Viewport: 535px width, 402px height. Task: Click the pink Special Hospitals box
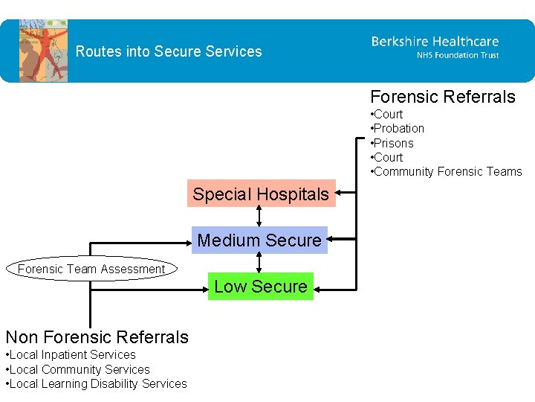[x=261, y=194]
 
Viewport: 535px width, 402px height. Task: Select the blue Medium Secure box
[x=259, y=240]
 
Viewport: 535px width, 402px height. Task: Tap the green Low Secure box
[x=261, y=286]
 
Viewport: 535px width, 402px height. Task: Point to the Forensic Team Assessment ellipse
[x=91, y=269]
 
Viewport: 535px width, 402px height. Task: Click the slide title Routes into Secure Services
[x=169, y=51]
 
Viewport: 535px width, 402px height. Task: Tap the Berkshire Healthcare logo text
[x=435, y=42]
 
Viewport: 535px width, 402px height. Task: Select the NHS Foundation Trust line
[x=457, y=56]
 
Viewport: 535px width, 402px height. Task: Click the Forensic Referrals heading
[x=442, y=97]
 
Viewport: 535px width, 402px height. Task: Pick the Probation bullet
[x=398, y=128]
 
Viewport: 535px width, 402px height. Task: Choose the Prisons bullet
[x=393, y=143]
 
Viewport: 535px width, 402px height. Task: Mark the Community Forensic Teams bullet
[x=447, y=171]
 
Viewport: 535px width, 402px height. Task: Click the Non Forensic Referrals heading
[x=97, y=337]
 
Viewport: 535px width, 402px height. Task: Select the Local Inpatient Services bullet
[x=71, y=355]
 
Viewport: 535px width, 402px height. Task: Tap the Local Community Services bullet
[x=78, y=369]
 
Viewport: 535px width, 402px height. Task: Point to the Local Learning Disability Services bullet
[x=97, y=383]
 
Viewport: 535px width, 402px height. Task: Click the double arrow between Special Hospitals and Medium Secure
[x=259, y=216]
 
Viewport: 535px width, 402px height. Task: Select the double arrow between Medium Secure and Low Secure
[x=259, y=263]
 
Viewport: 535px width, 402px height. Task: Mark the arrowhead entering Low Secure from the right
[x=320, y=285]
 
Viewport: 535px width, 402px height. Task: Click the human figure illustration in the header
[x=43, y=51]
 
